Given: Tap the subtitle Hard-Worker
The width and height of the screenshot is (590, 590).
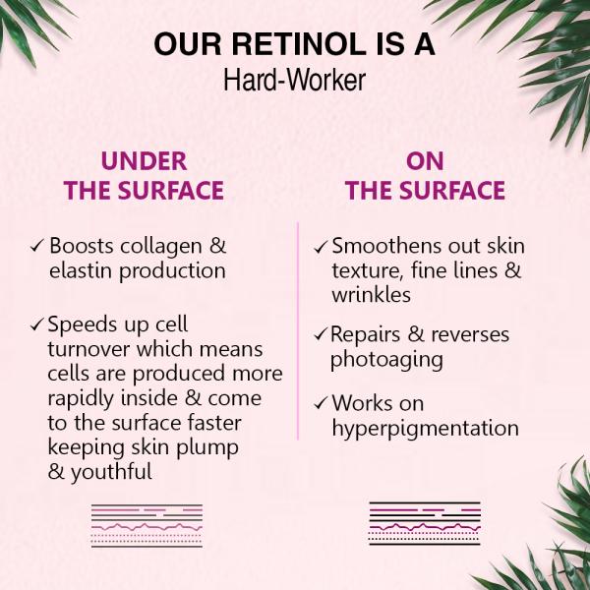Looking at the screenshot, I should (294, 80).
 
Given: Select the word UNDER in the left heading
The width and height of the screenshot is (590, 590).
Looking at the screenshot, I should (144, 161).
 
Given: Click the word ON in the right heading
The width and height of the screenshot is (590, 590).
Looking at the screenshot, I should (425, 161).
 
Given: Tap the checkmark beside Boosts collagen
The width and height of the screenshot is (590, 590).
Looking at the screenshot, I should (37, 245).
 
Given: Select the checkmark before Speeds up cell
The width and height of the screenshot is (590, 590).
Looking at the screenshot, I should (37, 324).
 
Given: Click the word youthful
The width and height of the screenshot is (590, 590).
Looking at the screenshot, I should (116, 472).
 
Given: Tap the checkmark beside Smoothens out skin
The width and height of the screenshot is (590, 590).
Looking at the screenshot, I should (321, 246).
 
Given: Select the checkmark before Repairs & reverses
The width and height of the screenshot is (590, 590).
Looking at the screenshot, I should (321, 334).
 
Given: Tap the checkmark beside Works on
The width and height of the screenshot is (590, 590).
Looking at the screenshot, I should (321, 403).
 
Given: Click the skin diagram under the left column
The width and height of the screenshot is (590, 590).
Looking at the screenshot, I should (147, 525).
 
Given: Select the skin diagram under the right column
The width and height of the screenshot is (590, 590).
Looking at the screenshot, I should (425, 523).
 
